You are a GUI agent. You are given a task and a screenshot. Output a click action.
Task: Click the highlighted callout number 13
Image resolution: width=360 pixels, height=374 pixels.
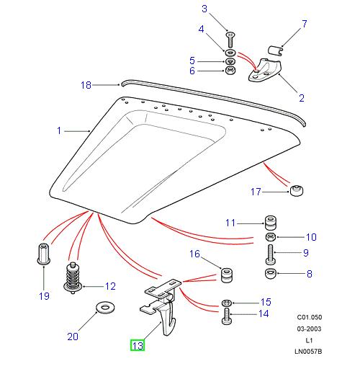tap(137, 346)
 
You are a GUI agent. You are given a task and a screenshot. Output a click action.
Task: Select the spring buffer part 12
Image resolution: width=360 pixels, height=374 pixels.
tap(71, 277)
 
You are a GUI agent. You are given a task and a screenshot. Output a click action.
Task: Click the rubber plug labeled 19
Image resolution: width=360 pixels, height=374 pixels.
tap(42, 254)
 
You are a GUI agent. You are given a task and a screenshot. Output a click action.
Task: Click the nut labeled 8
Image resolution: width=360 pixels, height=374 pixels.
tap(269, 273)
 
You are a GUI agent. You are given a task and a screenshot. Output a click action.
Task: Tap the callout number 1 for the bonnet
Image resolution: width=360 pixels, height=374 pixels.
tap(60, 131)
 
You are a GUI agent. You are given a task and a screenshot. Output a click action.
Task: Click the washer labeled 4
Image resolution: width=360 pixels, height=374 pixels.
tap(230, 53)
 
